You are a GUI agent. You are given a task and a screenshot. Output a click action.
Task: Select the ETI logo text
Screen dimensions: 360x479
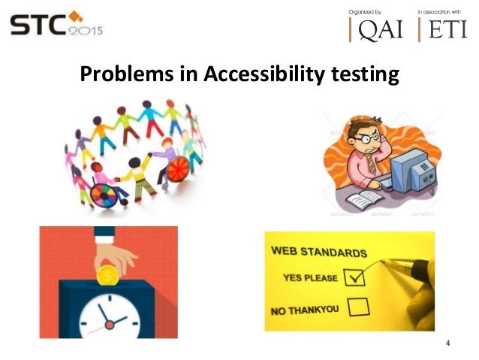tap(447, 29)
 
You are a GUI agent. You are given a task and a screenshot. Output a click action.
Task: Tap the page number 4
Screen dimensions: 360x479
tap(448, 344)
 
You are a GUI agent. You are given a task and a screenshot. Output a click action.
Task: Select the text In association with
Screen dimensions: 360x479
tap(443, 11)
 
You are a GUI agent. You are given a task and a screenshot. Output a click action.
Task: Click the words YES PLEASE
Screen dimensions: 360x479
tap(309, 277)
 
